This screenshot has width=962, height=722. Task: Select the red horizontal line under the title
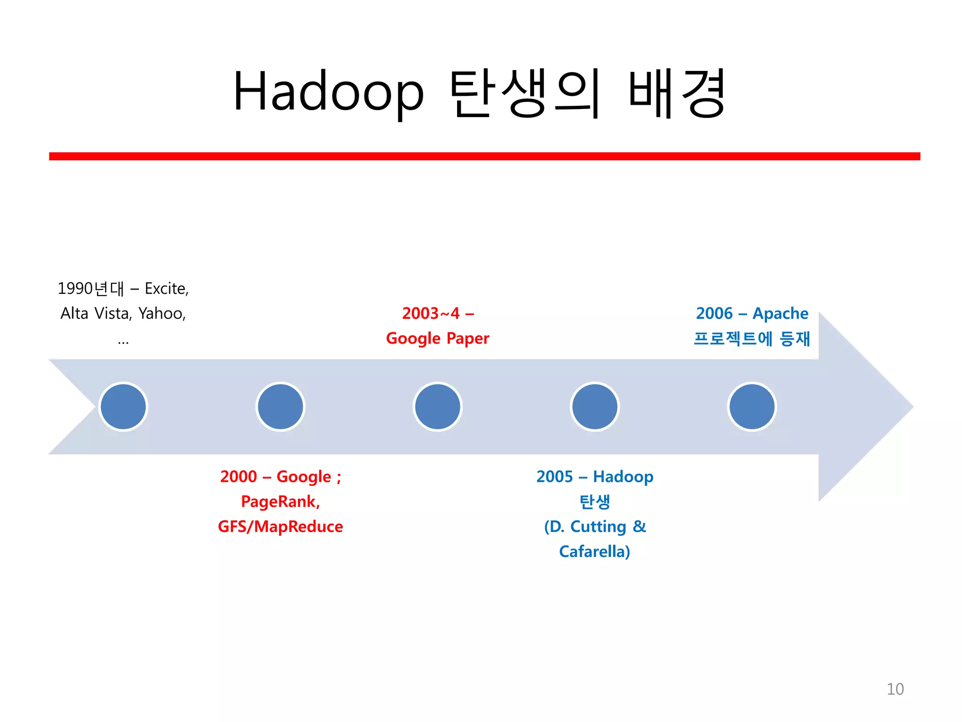[x=484, y=156]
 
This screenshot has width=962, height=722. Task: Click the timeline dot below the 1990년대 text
[x=124, y=407]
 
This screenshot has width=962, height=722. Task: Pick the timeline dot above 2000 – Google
[x=280, y=407]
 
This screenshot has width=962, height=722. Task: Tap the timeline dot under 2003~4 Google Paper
[x=437, y=407]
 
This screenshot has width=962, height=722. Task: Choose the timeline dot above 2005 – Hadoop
[x=595, y=407]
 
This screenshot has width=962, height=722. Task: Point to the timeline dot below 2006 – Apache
[x=752, y=407]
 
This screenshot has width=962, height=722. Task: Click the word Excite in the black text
[x=166, y=289]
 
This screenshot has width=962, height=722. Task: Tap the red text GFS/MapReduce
[x=280, y=526]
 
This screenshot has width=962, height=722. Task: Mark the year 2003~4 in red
[x=430, y=314]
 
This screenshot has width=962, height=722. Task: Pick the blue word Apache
[x=780, y=314]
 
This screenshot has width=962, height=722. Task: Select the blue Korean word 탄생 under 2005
[x=595, y=502]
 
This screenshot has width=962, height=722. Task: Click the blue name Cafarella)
[x=595, y=551]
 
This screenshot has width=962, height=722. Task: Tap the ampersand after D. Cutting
[x=639, y=526]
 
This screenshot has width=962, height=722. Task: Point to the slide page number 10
[x=895, y=689]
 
